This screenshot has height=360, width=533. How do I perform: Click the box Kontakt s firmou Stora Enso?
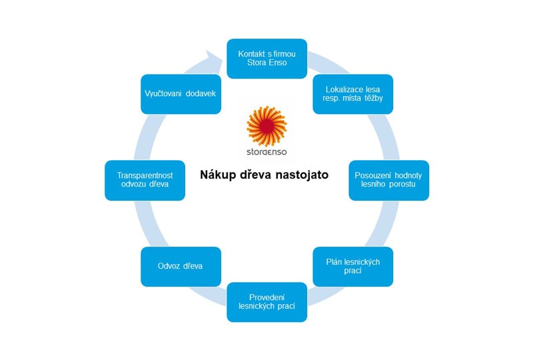click(267, 59)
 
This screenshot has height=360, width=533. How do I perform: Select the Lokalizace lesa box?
click(353, 94)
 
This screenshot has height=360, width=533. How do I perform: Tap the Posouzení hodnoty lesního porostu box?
click(389, 181)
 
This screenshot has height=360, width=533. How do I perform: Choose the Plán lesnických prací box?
click(353, 267)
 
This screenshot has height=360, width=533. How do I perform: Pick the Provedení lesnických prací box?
click(267, 302)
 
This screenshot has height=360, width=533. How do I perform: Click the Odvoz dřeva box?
click(181, 267)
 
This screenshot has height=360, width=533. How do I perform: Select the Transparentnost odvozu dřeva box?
click(145, 181)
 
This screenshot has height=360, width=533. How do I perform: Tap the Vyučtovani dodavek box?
click(181, 94)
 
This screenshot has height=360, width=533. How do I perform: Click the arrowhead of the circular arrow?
click(213, 59)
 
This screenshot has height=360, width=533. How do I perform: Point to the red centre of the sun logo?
click(266, 126)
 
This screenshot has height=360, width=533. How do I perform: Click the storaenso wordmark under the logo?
click(267, 152)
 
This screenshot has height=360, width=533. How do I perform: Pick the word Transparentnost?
click(145, 175)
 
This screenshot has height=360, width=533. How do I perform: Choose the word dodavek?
click(201, 93)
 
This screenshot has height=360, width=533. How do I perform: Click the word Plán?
click(334, 261)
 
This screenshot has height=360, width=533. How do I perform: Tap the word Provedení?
click(267, 297)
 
